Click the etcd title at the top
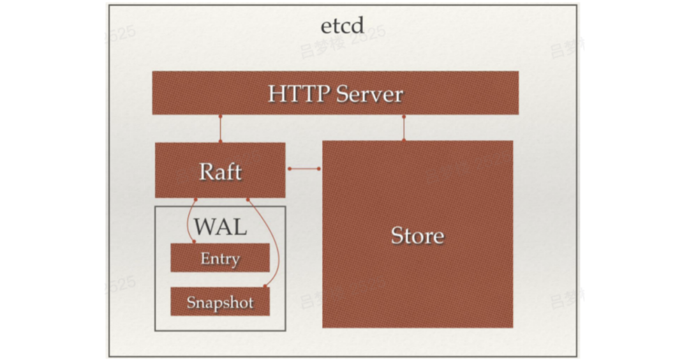[x=342, y=26]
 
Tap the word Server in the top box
[x=369, y=94]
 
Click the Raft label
[x=220, y=172]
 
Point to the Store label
[x=417, y=236]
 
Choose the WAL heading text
[x=220, y=227]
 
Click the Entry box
[x=220, y=259]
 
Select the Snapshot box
[x=220, y=302]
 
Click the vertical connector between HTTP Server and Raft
[x=220, y=130]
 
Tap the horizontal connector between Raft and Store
[x=304, y=169]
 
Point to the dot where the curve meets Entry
[x=193, y=242]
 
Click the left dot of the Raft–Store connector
[x=289, y=169]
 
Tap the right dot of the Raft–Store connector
[x=320, y=169]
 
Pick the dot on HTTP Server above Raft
[x=220, y=117]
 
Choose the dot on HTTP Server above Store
[x=404, y=117]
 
